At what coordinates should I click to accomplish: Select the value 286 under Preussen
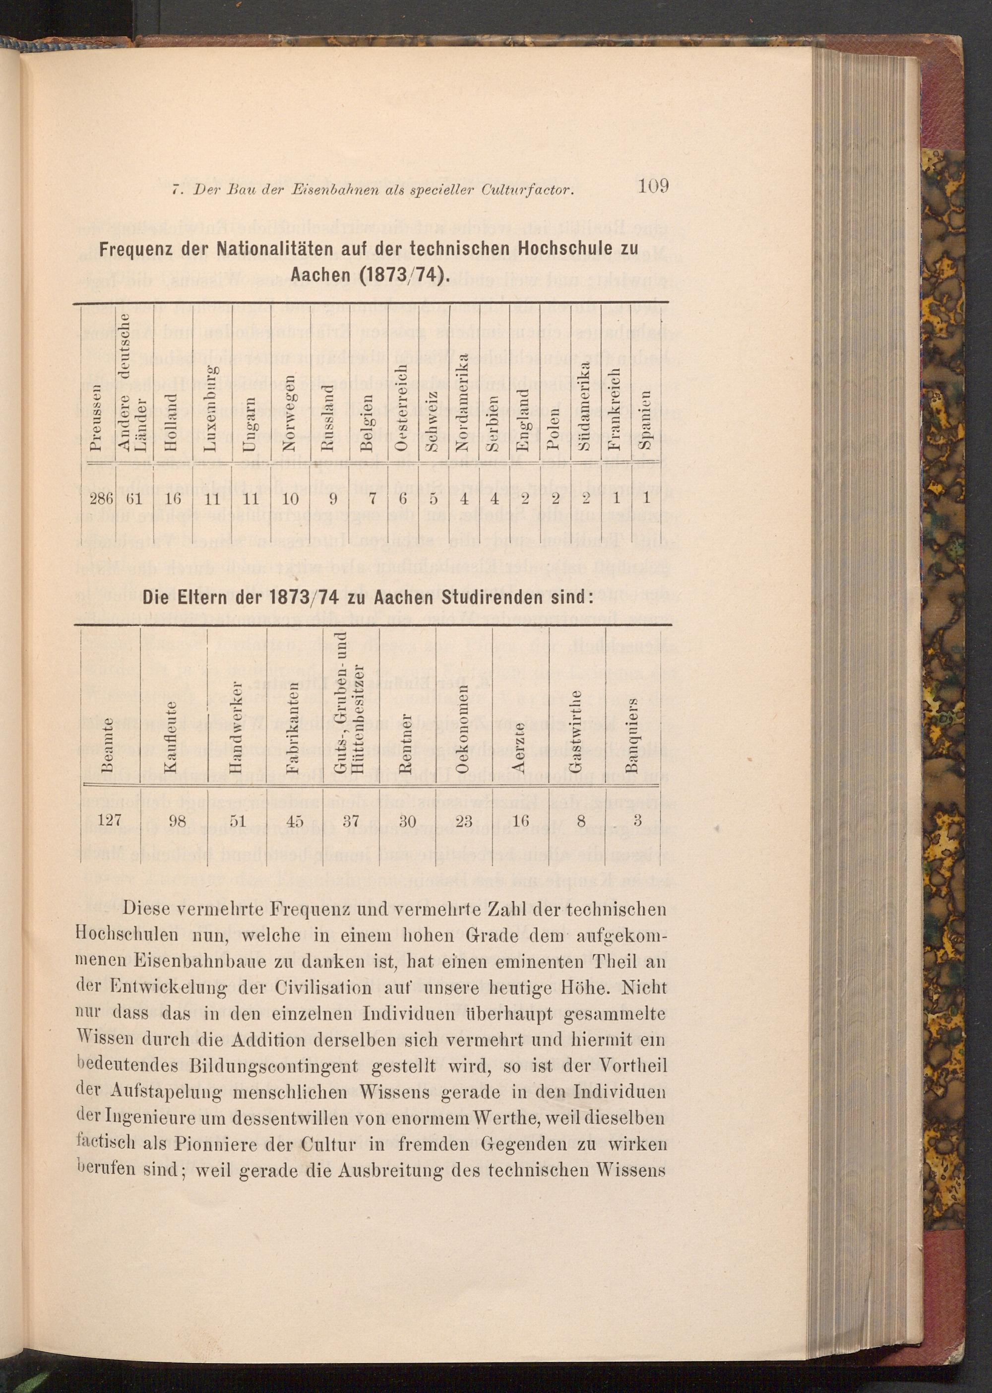(x=101, y=498)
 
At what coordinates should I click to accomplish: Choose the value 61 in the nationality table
(x=135, y=498)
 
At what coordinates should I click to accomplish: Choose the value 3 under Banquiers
(x=636, y=820)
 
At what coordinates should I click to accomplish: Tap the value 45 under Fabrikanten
(x=295, y=821)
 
